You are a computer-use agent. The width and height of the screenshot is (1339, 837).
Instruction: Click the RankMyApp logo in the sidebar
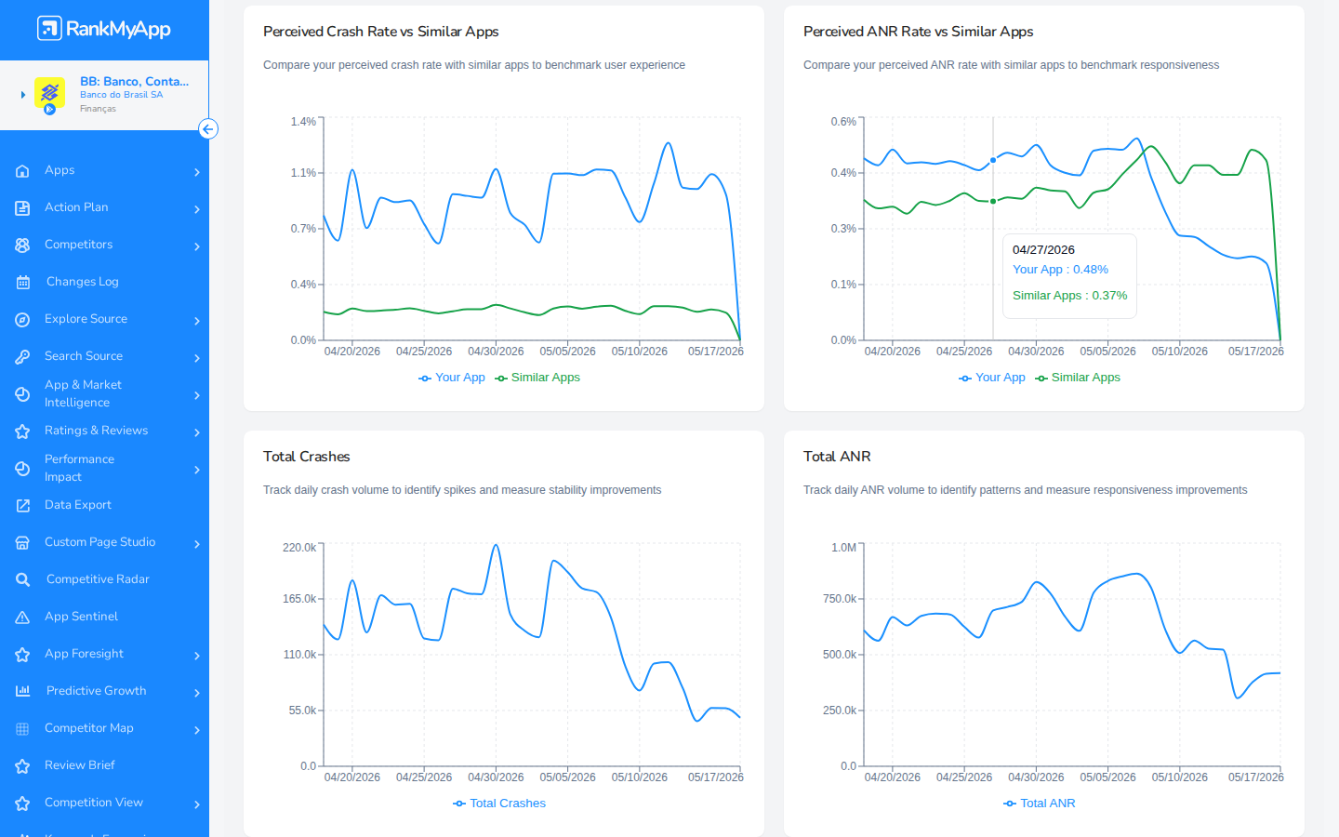click(x=104, y=29)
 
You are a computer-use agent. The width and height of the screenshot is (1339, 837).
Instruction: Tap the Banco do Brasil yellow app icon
click(x=49, y=93)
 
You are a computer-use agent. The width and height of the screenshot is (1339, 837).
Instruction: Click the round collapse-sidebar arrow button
click(x=208, y=129)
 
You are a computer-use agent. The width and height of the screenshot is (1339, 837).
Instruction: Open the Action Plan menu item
click(x=76, y=207)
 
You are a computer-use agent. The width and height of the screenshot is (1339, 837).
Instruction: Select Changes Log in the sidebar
click(x=83, y=282)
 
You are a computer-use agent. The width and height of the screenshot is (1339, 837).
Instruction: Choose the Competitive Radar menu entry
click(x=98, y=579)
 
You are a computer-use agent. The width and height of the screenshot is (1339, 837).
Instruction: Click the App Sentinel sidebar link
click(x=81, y=617)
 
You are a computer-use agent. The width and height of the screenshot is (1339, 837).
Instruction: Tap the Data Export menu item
click(x=78, y=505)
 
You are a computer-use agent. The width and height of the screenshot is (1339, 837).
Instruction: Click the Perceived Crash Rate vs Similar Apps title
click(x=381, y=32)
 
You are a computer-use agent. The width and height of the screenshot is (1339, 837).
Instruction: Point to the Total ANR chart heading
click(x=837, y=457)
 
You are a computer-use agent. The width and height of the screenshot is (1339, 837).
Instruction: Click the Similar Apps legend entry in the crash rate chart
click(x=537, y=378)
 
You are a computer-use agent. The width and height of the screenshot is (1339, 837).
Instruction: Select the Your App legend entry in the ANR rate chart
click(x=991, y=378)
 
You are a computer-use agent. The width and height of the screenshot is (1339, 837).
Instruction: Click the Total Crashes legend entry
click(x=499, y=804)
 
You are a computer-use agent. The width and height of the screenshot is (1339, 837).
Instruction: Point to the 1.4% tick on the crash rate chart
click(x=303, y=122)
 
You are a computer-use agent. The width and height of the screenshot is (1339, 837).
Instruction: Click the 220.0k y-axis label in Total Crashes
click(x=299, y=548)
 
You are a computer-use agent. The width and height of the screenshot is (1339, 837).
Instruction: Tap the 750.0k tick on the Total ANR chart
click(x=840, y=599)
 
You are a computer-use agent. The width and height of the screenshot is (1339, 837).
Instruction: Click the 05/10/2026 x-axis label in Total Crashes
click(x=639, y=777)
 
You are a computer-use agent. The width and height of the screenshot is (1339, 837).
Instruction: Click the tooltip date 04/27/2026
click(x=1043, y=250)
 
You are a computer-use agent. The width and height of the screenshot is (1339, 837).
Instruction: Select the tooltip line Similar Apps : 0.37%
click(x=1069, y=296)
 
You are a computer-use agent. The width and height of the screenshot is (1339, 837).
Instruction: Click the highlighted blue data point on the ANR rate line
click(x=993, y=160)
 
